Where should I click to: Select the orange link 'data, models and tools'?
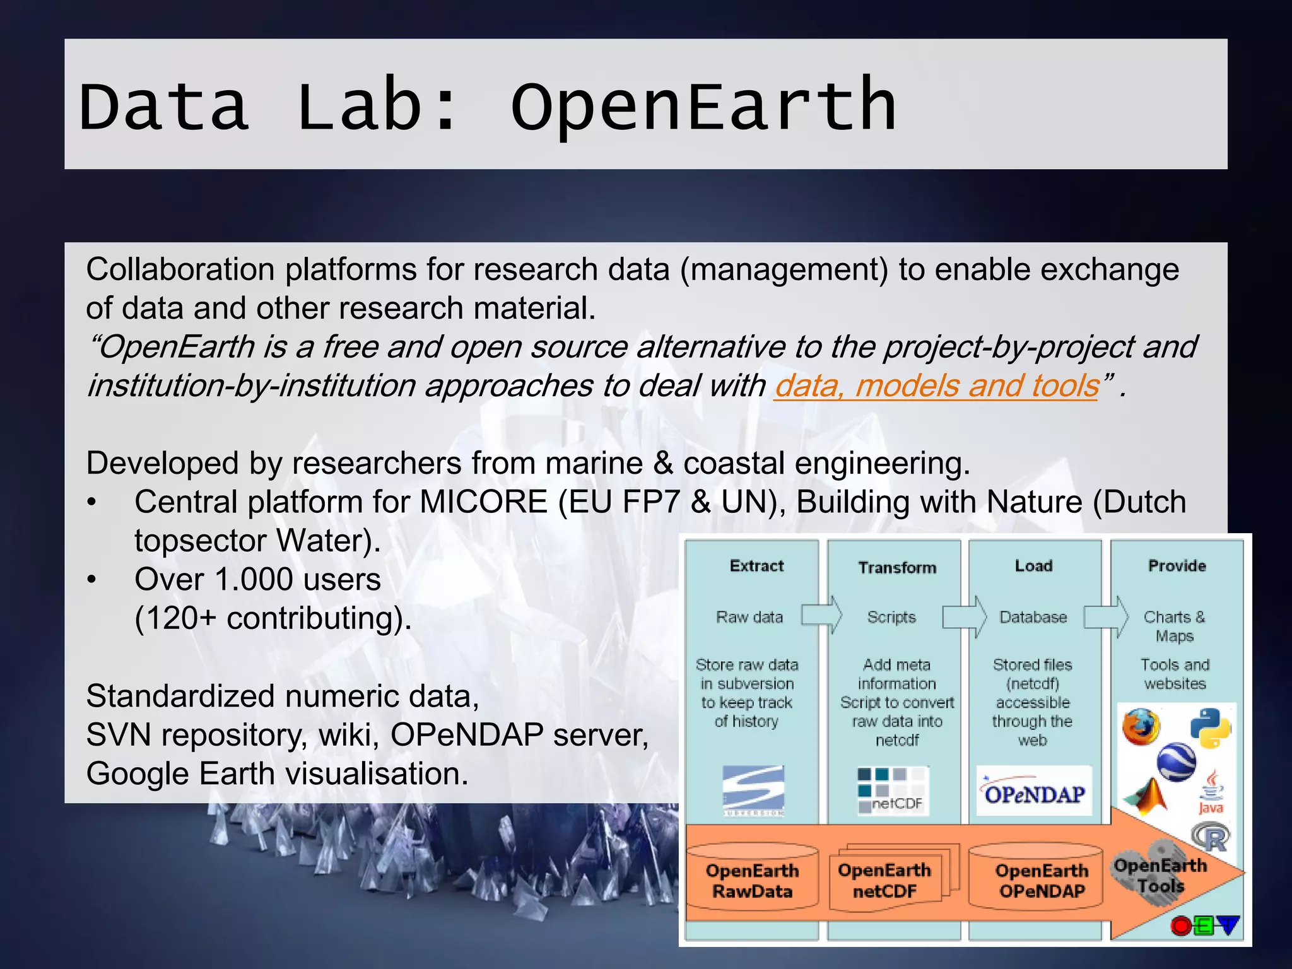tap(937, 385)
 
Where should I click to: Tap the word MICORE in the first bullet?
tap(483, 502)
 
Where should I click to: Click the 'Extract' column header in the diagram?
tap(756, 566)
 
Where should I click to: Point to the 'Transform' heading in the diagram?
tap(897, 568)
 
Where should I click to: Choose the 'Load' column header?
tap(1033, 566)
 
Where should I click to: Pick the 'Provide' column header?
tap(1177, 566)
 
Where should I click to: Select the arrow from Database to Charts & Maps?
tap(1106, 616)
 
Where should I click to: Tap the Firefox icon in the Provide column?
tap(1141, 727)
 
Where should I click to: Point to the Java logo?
tap(1211, 792)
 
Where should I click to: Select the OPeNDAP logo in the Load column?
tap(1034, 792)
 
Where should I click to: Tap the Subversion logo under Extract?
tap(753, 790)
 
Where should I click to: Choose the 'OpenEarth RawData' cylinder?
tap(752, 881)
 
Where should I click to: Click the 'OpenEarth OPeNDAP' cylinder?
tap(1042, 881)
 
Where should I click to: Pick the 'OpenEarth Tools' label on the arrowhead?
tap(1161, 875)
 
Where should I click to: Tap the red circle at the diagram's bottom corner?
tap(1180, 925)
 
